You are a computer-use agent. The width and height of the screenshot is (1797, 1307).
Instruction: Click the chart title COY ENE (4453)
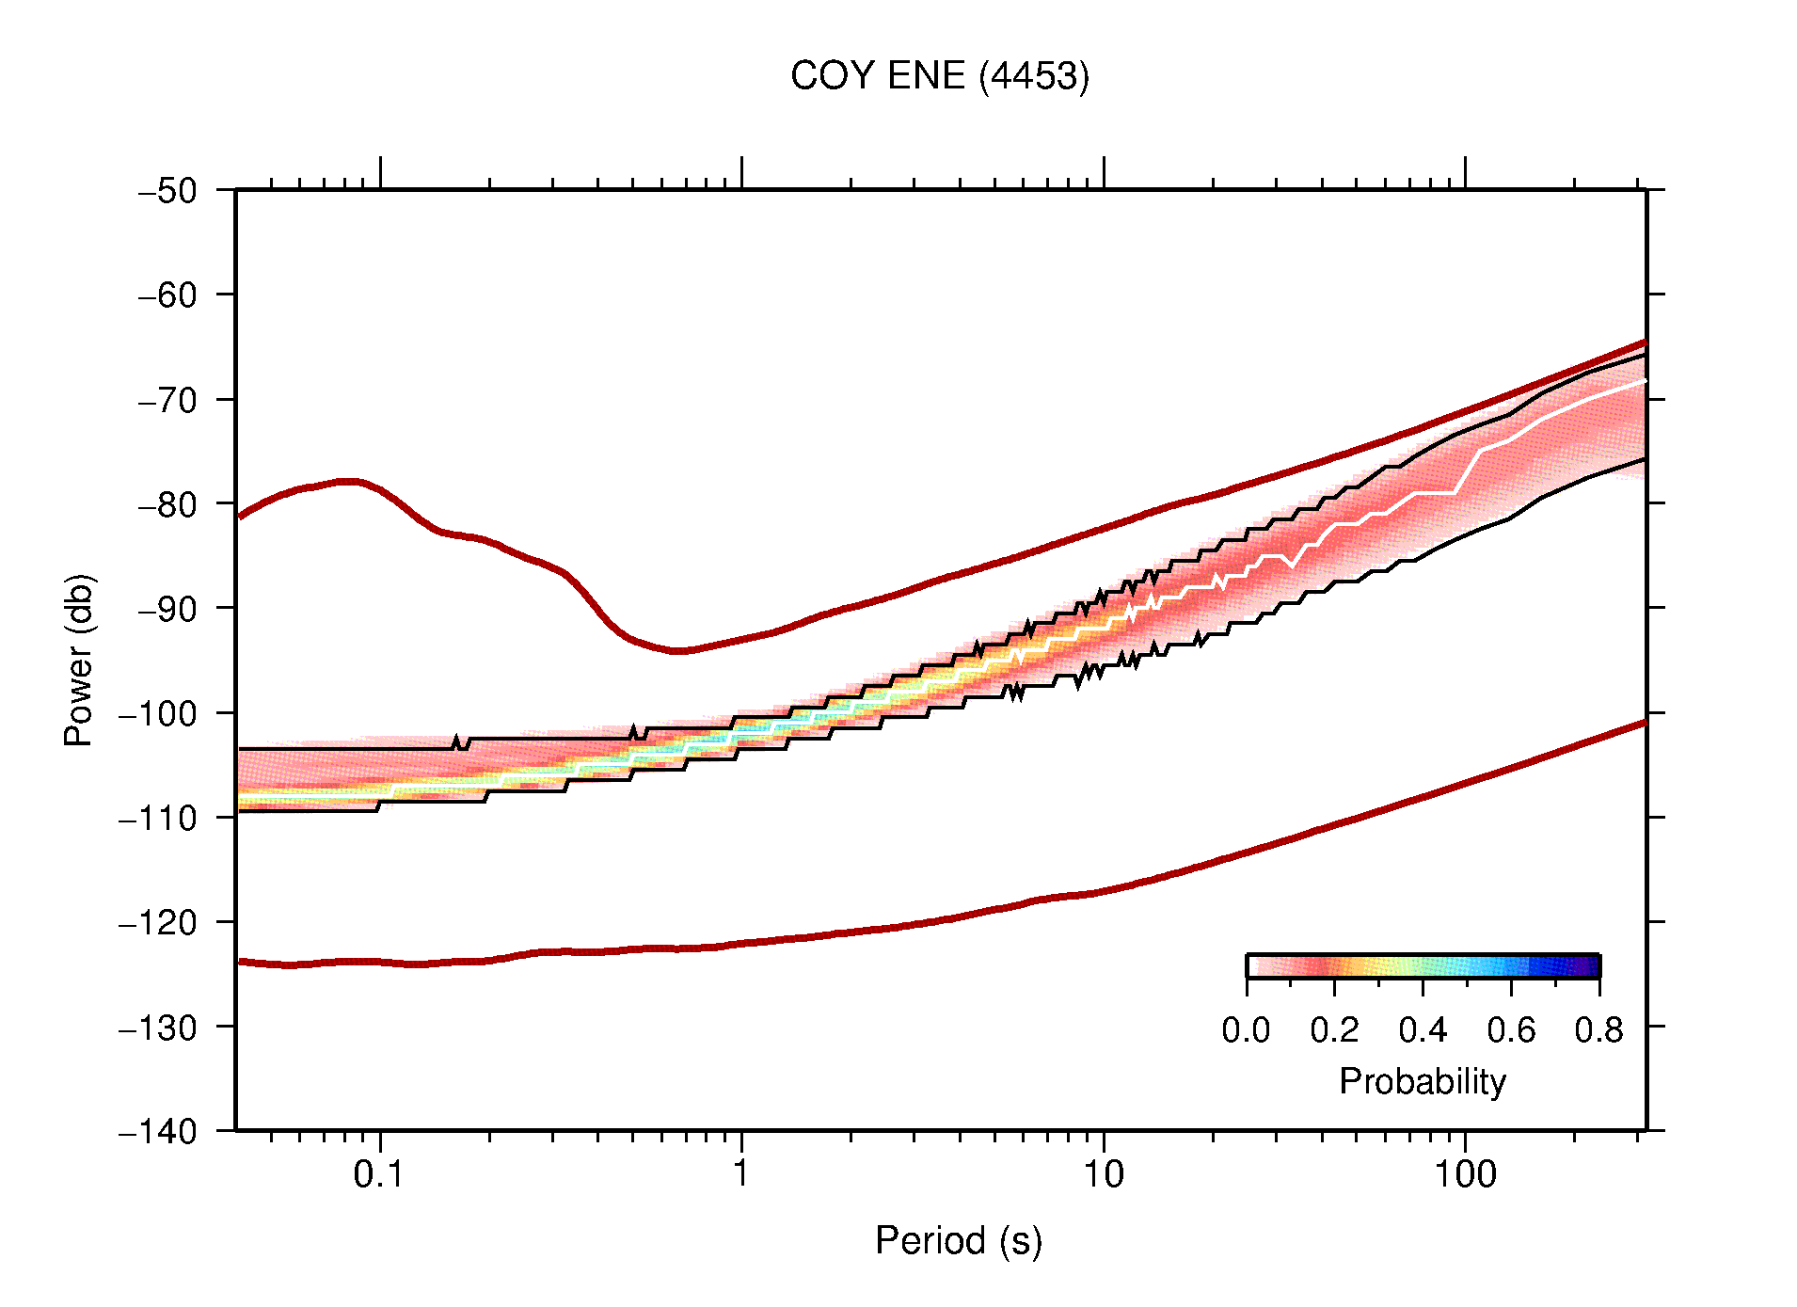[x=939, y=76]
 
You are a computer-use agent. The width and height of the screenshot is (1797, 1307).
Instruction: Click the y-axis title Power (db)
[x=79, y=660]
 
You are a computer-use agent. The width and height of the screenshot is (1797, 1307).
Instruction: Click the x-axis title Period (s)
[x=958, y=1240]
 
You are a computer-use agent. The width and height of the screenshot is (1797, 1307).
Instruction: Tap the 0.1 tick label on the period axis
[x=379, y=1174]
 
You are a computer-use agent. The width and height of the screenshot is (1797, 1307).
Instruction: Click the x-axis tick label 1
[x=741, y=1174]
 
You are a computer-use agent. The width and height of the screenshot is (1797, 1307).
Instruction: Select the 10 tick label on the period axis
[x=1103, y=1174]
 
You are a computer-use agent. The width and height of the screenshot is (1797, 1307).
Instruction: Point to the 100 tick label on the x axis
[x=1465, y=1174]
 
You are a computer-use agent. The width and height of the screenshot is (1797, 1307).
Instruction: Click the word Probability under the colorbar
[x=1422, y=1081]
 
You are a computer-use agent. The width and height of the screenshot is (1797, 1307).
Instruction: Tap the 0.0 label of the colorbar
[x=1246, y=1030]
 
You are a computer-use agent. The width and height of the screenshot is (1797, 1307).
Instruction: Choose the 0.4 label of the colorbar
[x=1423, y=1030]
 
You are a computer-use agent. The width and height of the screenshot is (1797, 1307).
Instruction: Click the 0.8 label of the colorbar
[x=1598, y=1030]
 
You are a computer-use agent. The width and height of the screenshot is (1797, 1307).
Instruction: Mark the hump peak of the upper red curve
[x=349, y=481]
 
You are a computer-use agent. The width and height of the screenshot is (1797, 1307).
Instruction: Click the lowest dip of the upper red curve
[x=679, y=650]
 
